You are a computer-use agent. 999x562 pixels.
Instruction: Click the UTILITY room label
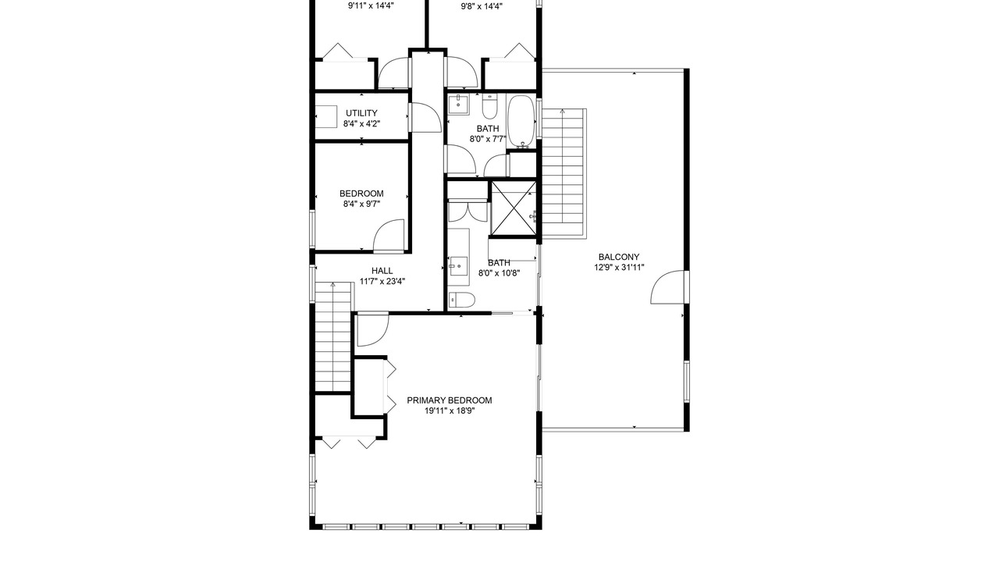[361, 113]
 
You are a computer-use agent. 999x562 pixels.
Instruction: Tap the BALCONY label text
[619, 257]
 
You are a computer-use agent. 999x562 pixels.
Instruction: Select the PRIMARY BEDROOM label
[449, 400]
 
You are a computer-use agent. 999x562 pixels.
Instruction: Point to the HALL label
[382, 271]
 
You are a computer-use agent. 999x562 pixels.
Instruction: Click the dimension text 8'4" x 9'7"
[361, 205]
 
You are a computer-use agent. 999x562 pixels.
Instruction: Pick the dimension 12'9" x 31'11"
[619, 268]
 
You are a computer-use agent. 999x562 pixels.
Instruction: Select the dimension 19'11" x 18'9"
[449, 411]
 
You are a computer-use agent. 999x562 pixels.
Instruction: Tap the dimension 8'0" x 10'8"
[499, 273]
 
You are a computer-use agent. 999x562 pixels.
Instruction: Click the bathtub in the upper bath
[521, 121]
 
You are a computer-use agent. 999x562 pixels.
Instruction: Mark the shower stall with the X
[514, 208]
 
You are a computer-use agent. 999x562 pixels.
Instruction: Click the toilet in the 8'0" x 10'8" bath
[461, 300]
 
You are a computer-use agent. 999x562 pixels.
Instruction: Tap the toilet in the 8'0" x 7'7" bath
[489, 105]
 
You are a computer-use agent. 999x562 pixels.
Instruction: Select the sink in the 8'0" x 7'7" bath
[458, 105]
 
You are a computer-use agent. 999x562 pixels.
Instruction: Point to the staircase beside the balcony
[563, 174]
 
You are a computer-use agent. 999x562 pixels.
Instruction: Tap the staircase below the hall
[332, 336]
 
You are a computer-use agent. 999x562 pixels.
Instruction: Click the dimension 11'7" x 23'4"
[382, 282]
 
